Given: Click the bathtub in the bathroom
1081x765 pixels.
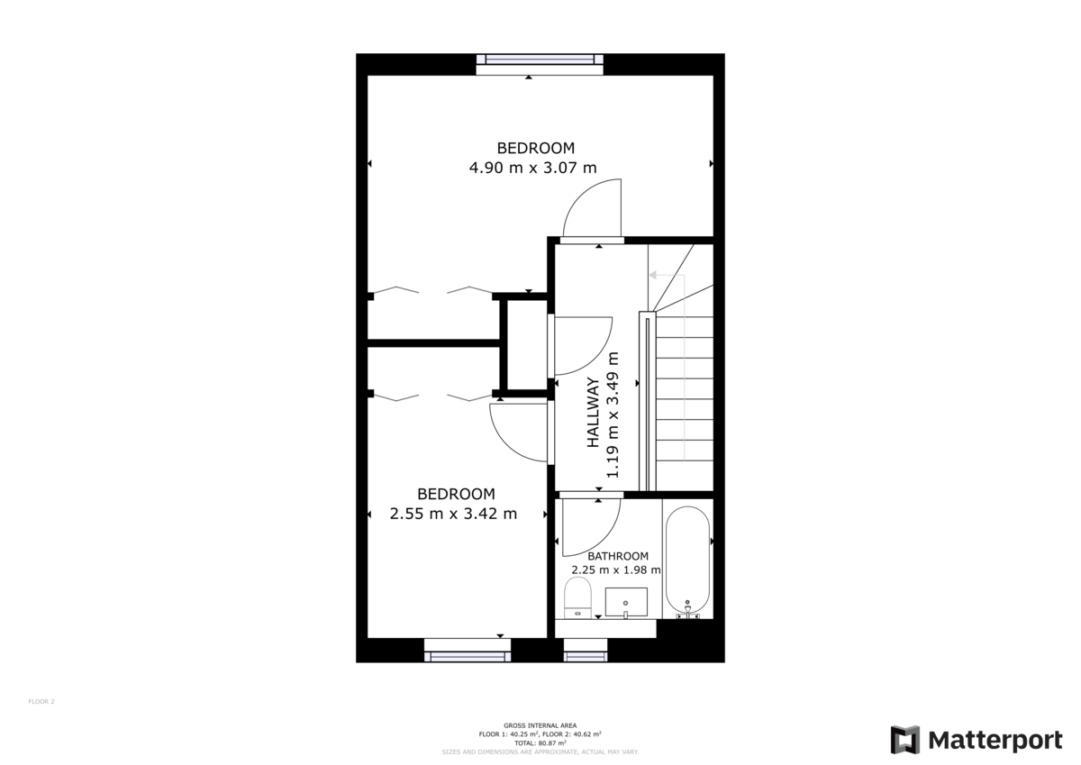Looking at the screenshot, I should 687,559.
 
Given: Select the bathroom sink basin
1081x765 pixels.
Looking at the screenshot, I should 625,601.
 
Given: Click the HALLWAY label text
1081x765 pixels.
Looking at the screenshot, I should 594,413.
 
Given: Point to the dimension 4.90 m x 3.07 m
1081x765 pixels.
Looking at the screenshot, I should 532,168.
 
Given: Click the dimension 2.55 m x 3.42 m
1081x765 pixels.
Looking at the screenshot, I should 453,514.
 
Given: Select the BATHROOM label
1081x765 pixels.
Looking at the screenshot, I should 618,557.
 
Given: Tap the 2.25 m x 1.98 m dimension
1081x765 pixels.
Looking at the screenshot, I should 616,570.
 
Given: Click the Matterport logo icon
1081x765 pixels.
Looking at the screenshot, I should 905,740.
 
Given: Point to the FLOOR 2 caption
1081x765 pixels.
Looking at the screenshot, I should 41,701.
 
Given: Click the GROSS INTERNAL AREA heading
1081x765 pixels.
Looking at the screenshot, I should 540,726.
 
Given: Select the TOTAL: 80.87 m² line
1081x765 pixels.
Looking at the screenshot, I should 540,742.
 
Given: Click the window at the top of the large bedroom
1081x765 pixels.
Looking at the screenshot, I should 540,60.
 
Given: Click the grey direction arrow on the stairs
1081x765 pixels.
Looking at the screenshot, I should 655,277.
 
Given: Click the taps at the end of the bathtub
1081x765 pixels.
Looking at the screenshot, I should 687,609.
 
